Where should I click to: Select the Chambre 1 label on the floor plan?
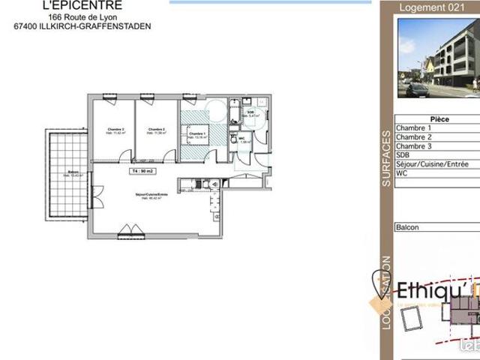[196, 136]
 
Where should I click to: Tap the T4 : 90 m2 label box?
[143, 172]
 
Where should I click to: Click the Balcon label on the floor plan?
[73, 172]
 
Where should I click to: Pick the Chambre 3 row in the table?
[414, 146]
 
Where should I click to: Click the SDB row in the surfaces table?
[405, 155]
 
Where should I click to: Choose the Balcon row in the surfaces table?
[408, 227]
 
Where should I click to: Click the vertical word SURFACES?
[385, 157]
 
